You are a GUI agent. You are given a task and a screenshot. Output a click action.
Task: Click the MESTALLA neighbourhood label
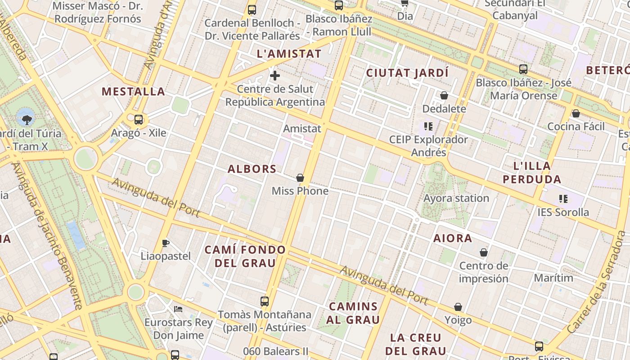click(x=133, y=92)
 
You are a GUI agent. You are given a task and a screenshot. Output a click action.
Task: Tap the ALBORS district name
click(x=252, y=169)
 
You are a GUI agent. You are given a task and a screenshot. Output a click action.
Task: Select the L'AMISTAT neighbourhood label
click(x=289, y=54)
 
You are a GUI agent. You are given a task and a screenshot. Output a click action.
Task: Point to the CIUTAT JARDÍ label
click(x=407, y=73)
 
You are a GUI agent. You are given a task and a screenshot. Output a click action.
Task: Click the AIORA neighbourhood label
click(x=453, y=238)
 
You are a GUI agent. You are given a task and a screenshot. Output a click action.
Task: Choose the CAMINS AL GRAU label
click(x=353, y=313)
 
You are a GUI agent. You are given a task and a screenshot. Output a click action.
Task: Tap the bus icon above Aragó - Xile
click(x=139, y=120)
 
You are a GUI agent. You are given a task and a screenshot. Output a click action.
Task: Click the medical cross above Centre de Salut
click(x=275, y=76)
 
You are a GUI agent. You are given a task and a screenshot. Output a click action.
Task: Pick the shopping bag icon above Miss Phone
click(x=300, y=178)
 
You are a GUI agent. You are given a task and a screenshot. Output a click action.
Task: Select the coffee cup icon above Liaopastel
click(x=166, y=243)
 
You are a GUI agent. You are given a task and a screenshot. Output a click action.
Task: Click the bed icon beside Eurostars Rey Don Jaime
click(x=178, y=309)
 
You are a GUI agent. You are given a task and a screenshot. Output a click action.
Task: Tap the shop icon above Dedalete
click(x=444, y=96)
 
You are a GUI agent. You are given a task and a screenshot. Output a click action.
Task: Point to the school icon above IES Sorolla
click(x=563, y=198)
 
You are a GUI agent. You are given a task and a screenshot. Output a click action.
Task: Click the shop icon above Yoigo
click(x=458, y=307)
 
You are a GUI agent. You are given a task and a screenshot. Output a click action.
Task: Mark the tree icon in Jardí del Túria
click(x=27, y=119)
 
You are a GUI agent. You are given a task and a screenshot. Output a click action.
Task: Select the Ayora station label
click(x=456, y=198)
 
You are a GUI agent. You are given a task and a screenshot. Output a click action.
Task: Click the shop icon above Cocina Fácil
click(x=576, y=113)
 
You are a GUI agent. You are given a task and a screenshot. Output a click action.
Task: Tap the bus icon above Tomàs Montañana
click(x=265, y=301)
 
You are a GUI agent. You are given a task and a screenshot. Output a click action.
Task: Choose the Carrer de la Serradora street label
click(x=598, y=283)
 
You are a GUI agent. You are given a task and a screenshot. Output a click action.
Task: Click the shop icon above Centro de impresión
click(x=484, y=253)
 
